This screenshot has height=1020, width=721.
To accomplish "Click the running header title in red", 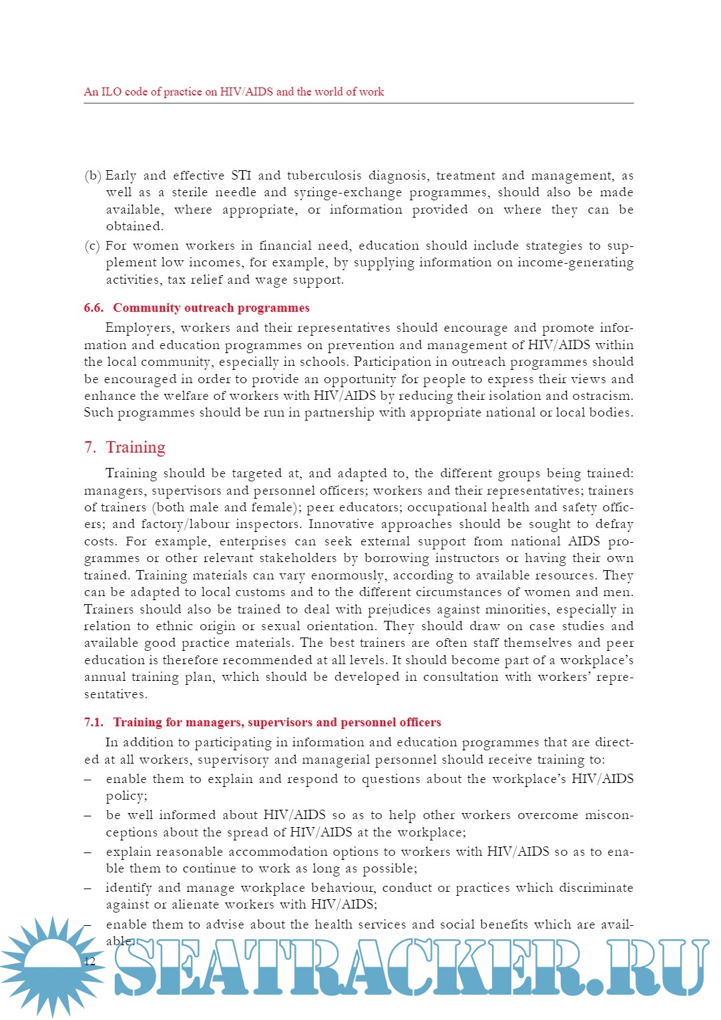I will click(x=234, y=92).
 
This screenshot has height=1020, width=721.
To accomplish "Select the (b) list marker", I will click(x=92, y=176).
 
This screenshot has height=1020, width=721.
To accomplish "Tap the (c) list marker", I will click(x=92, y=246).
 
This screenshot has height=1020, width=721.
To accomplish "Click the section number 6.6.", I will click(x=93, y=308).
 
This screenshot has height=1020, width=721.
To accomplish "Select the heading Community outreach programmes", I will click(x=211, y=308).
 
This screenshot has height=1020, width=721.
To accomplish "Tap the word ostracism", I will click(x=602, y=396).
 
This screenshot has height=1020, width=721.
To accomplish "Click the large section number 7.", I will click(x=89, y=447).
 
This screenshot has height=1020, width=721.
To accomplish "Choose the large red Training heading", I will click(x=136, y=447).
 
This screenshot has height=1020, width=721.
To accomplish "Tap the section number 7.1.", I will click(x=93, y=722).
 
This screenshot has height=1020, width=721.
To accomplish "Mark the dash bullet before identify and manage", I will click(x=88, y=888).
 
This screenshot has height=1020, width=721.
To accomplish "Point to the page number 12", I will click(x=89, y=961).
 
